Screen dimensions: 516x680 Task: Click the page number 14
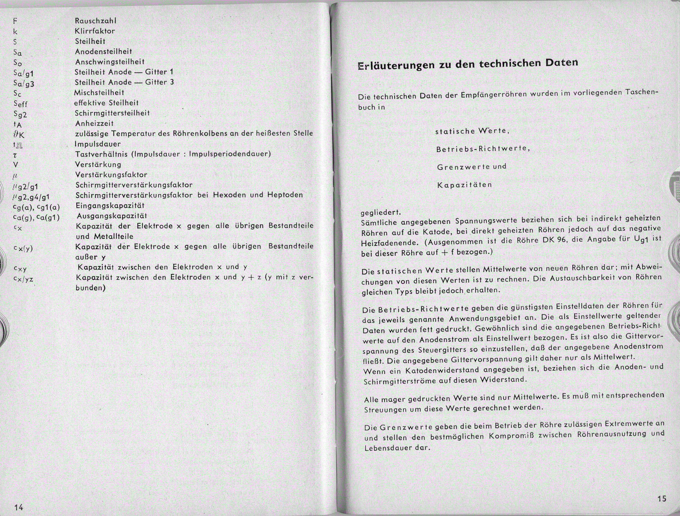coord(18,507)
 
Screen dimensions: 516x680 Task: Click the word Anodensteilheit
coord(104,51)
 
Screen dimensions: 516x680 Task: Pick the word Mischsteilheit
coord(99,92)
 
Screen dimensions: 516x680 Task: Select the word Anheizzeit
coord(94,123)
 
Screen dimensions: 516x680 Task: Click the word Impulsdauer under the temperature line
coord(97,144)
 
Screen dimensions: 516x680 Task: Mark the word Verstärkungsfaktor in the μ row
coord(111,175)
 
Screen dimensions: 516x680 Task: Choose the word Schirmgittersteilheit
coord(112,113)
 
